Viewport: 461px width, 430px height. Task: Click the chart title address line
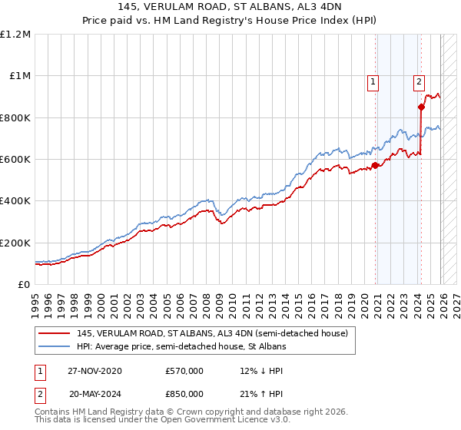click(x=230, y=7)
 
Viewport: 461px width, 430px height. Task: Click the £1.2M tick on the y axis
click(x=17, y=35)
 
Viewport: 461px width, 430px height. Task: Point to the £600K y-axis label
click(x=15, y=160)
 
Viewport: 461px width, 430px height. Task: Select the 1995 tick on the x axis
click(x=35, y=299)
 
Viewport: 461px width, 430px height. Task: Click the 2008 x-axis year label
click(x=208, y=299)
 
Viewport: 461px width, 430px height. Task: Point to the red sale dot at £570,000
click(x=375, y=165)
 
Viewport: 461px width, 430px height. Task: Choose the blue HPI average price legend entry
click(x=181, y=347)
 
